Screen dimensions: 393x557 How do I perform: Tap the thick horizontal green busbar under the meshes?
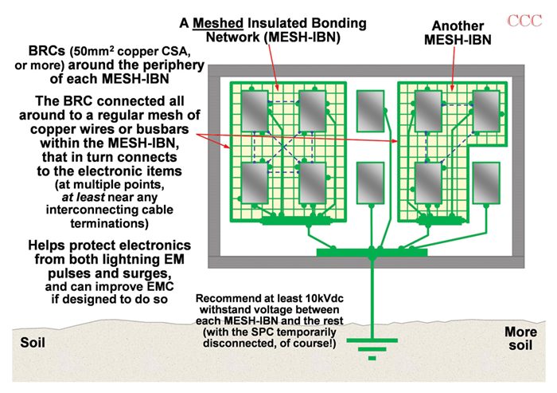[x=371, y=253]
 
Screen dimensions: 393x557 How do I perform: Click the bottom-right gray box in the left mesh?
[x=314, y=179]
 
